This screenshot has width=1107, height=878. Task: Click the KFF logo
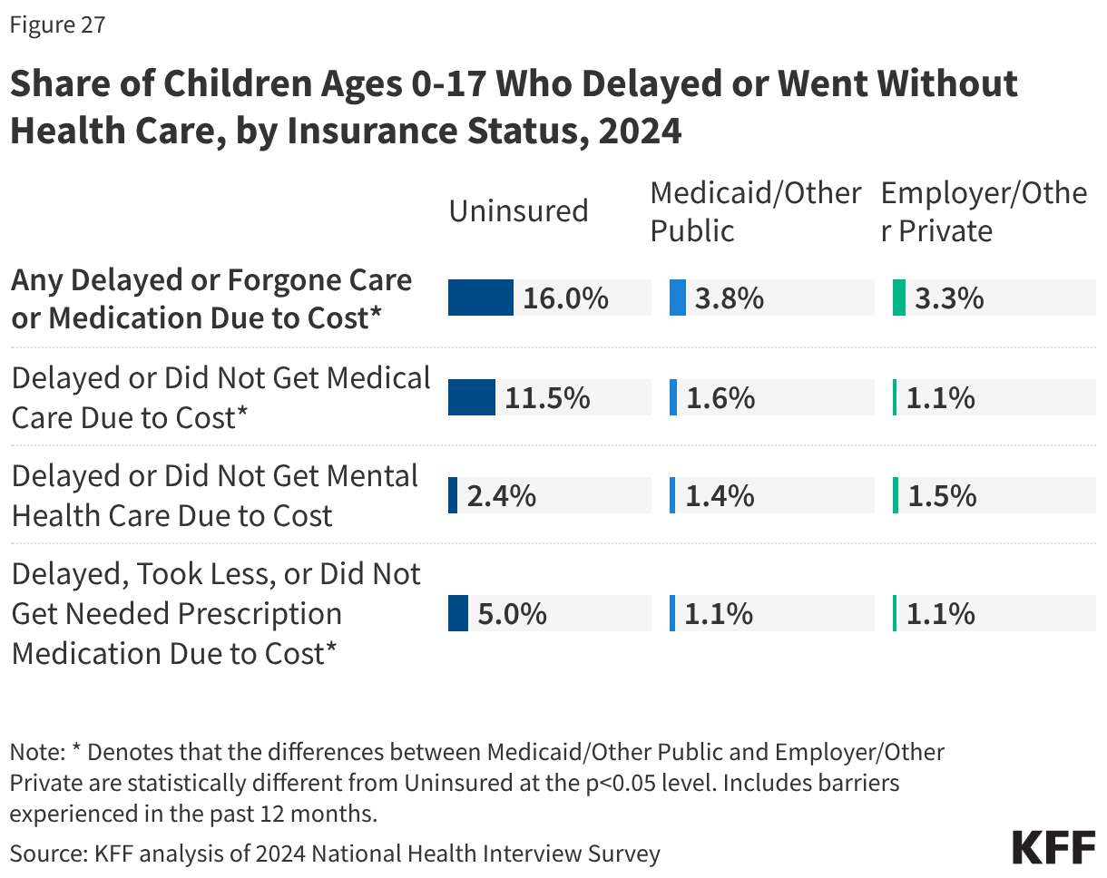click(x=1053, y=847)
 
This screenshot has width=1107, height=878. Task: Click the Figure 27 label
click(x=58, y=24)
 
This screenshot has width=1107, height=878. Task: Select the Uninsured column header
click(x=518, y=210)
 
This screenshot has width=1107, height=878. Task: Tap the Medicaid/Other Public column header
click(x=755, y=211)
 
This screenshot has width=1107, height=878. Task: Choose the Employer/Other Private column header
click(x=984, y=211)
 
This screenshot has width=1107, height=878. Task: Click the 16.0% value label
click(x=565, y=298)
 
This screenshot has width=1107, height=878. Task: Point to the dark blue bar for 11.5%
click(x=472, y=397)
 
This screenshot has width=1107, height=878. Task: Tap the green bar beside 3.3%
click(x=898, y=298)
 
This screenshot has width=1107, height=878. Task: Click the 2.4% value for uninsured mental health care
click(x=501, y=496)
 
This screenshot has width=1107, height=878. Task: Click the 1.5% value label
click(x=941, y=496)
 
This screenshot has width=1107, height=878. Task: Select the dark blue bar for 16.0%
click(x=481, y=298)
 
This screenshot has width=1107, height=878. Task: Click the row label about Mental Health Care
click(x=215, y=495)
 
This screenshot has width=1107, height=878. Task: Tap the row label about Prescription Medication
click(x=216, y=613)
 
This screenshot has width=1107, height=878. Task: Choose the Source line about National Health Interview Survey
click(x=335, y=853)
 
